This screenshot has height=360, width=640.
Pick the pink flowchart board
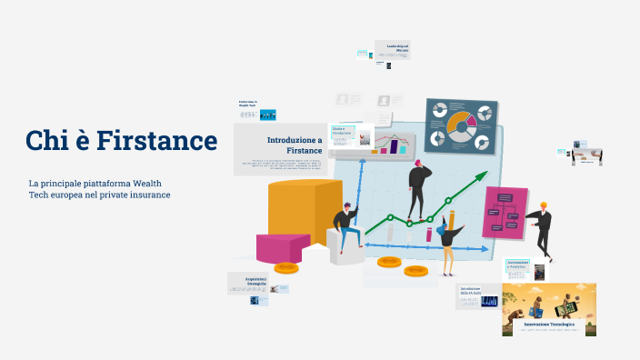pyautogui.click(x=505, y=213)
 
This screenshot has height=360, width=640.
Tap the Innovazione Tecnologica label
pyautogui.click(x=548, y=324)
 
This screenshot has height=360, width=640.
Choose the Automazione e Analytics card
pyautogui.click(x=518, y=269)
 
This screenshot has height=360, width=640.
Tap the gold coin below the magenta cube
pyautogui.click(x=287, y=267)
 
